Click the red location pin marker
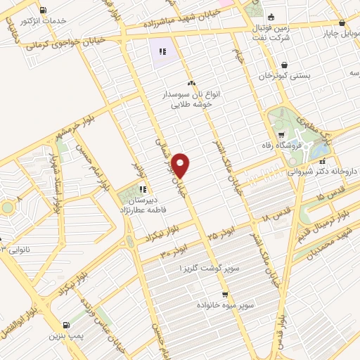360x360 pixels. [x=181, y=165]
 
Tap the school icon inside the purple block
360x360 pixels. [x=162, y=51]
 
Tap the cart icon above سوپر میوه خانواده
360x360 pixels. [x=224, y=295]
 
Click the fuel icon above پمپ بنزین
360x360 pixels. [x=67, y=325]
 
